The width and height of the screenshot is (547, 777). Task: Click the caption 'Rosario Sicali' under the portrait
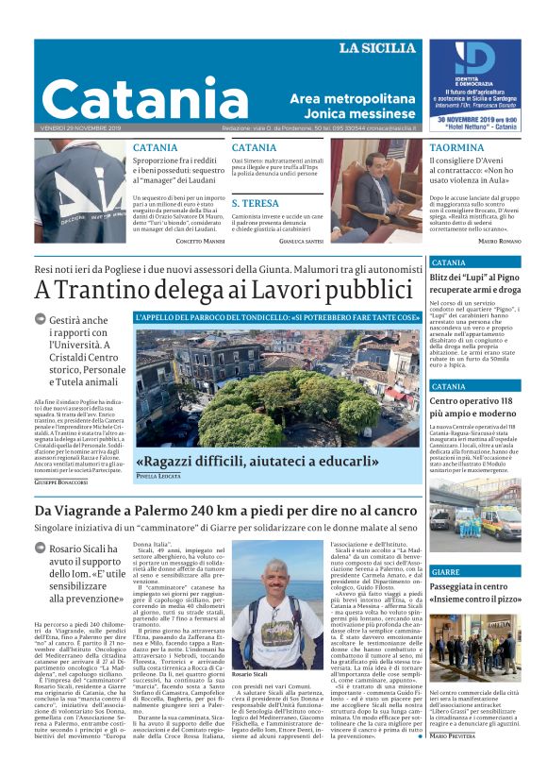point(251,675)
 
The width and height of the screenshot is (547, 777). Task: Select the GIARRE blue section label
point(446,572)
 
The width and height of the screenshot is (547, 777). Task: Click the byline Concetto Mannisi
point(200,242)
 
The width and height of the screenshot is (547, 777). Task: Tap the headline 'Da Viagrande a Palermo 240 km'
point(225,511)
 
